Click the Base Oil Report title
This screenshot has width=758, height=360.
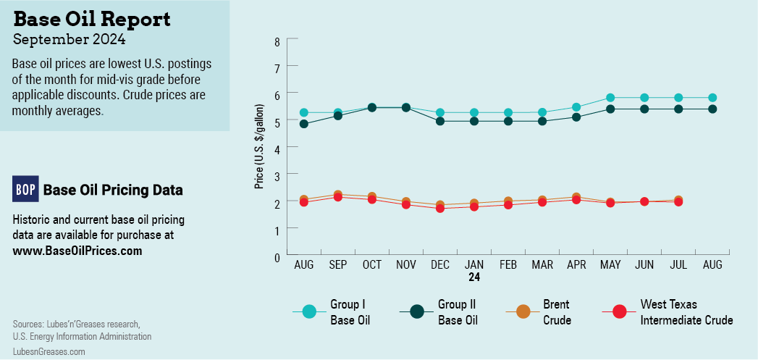pyautogui.click(x=92, y=19)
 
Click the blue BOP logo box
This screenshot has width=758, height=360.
pyautogui.click(x=25, y=189)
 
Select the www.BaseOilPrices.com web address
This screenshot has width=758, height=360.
pyautogui.click(x=77, y=251)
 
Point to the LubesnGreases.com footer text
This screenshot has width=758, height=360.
pyautogui.click(x=49, y=351)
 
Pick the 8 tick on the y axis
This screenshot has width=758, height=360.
pyautogui.click(x=277, y=41)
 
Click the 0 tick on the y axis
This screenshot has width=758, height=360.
pyautogui.click(x=277, y=256)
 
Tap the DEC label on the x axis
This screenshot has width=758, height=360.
pyautogui.click(x=440, y=266)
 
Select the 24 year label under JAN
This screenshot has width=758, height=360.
pyautogui.click(x=474, y=277)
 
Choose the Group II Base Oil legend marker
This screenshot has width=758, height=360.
pyautogui.click(x=417, y=312)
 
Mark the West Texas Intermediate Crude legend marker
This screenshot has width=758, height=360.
pyautogui.click(x=620, y=312)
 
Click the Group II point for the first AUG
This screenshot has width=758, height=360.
pyautogui.click(x=304, y=124)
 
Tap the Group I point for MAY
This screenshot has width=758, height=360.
pyautogui.click(x=610, y=98)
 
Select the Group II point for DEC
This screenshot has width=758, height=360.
pyautogui.click(x=440, y=121)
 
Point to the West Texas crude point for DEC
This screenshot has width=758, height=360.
pyautogui.click(x=440, y=208)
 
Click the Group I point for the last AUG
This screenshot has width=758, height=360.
pyautogui.click(x=712, y=98)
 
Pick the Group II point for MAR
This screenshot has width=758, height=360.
pyautogui.click(x=542, y=121)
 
